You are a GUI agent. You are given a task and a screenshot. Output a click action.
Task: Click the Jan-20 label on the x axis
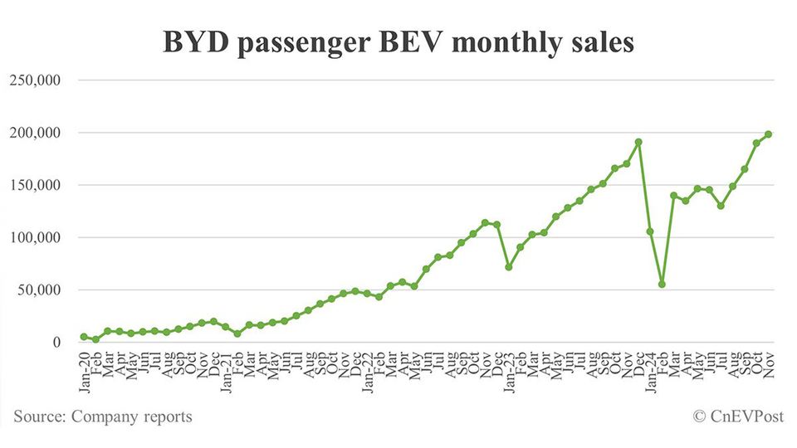click(x=84, y=368)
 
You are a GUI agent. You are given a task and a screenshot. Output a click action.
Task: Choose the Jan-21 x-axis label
click(x=225, y=368)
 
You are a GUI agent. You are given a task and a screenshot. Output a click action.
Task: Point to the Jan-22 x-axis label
click(x=366, y=368)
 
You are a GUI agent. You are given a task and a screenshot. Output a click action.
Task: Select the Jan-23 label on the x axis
click(x=508, y=368)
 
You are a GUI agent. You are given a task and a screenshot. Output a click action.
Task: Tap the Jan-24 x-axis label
click(x=649, y=368)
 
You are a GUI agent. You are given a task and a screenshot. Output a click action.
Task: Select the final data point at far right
click(x=768, y=134)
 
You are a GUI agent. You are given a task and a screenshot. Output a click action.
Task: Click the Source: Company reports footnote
click(x=103, y=416)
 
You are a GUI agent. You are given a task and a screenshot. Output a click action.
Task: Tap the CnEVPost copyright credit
click(x=736, y=416)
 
